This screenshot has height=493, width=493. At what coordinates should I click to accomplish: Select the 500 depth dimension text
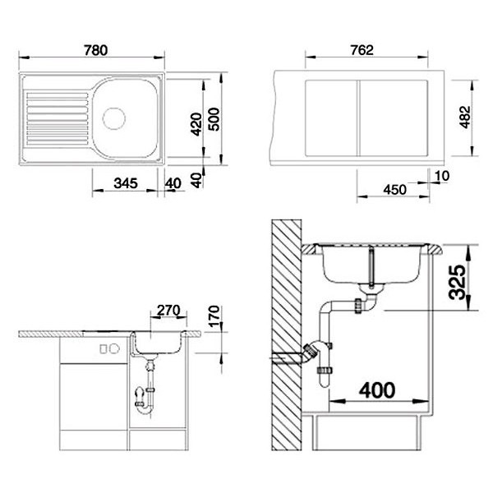pyautogui.click(x=214, y=123)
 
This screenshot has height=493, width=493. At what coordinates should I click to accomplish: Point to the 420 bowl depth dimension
pyautogui.click(x=195, y=123)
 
